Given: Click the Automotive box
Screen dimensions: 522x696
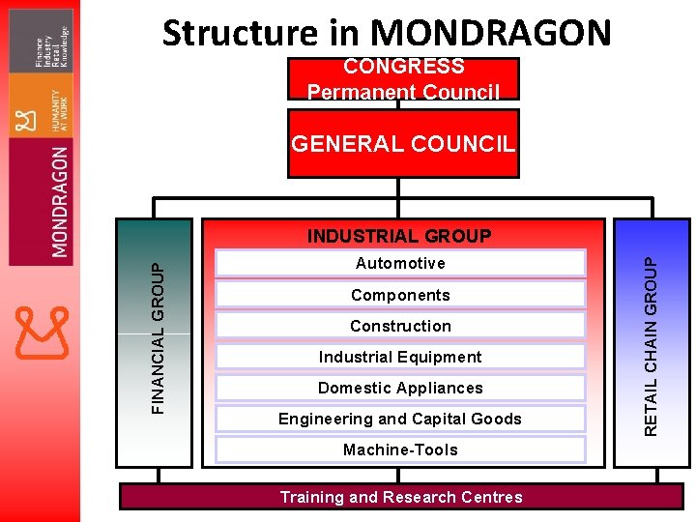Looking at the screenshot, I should click(x=400, y=264).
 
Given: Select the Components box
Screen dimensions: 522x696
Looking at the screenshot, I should click(x=400, y=295).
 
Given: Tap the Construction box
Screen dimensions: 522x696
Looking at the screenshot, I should click(x=400, y=326).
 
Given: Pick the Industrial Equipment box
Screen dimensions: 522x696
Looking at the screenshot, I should click(x=400, y=357).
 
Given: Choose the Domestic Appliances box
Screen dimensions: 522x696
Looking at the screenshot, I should click(x=400, y=388).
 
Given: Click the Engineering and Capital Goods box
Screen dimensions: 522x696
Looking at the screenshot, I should click(x=400, y=419).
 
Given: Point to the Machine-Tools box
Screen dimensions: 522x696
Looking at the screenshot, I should click(x=400, y=449).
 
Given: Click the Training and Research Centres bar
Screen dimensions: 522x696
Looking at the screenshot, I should click(x=400, y=497).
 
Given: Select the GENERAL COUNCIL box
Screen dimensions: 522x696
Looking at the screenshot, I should click(x=403, y=144).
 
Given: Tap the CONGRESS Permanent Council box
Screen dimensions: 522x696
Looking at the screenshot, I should click(x=403, y=78).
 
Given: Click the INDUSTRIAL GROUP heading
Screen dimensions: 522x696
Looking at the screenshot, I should click(x=399, y=236).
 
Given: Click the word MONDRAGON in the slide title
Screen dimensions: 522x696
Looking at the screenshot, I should click(x=492, y=33).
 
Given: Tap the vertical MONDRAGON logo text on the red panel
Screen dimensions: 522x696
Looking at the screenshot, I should click(x=60, y=202).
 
